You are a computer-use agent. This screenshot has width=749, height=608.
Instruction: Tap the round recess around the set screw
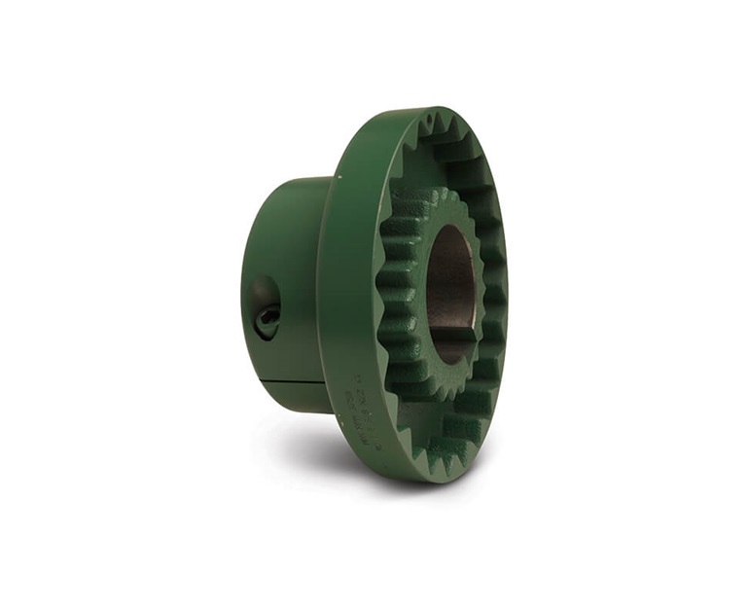(x=264, y=306)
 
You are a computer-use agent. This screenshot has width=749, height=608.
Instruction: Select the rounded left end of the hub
(x=251, y=292)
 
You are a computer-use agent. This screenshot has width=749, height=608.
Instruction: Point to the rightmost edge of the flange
(x=507, y=292)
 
